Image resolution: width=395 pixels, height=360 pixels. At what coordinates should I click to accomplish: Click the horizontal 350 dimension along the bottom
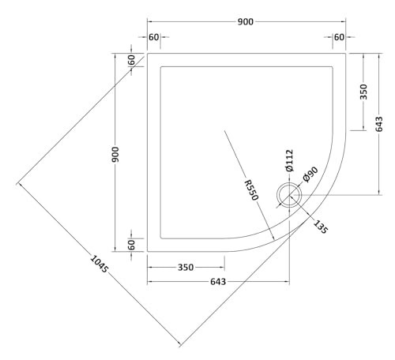(x=186, y=268)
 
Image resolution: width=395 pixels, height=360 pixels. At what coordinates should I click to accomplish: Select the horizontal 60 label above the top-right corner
(x=339, y=37)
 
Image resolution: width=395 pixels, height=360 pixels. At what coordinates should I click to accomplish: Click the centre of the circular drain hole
(x=290, y=195)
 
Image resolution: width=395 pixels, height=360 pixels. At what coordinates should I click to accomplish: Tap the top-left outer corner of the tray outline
(x=148, y=54)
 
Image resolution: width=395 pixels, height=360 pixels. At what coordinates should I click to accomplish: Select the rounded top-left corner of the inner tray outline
(x=163, y=69)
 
